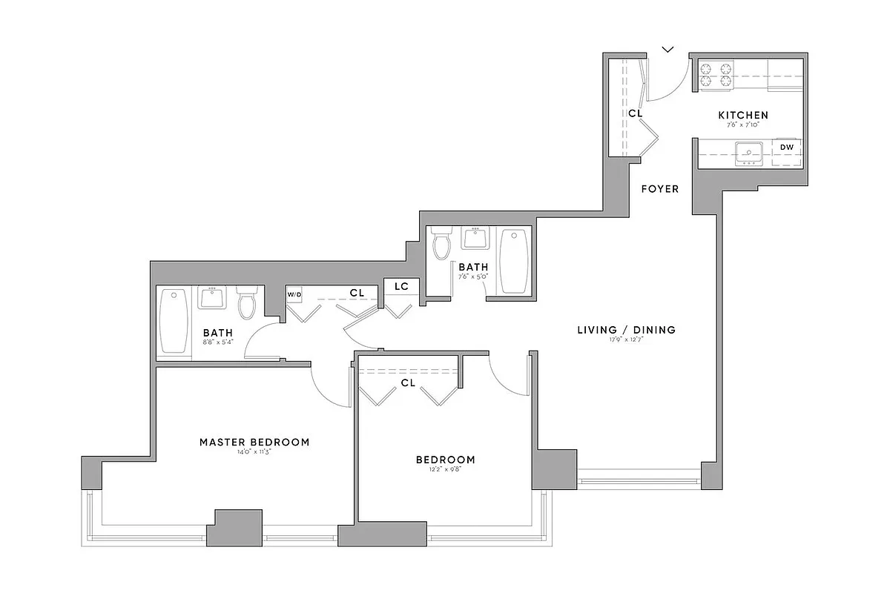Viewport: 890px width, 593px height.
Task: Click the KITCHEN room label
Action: click(742, 115)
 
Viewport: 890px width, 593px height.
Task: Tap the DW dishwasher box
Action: click(787, 148)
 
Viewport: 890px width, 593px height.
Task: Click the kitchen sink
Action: click(750, 153)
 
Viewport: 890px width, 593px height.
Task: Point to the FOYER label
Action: click(660, 189)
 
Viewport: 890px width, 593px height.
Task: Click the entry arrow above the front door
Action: click(668, 50)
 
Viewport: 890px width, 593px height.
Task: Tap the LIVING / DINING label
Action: click(627, 330)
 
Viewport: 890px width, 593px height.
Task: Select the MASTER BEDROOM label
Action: click(254, 442)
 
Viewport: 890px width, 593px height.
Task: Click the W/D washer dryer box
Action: click(294, 294)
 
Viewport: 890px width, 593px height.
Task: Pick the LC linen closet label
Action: click(401, 286)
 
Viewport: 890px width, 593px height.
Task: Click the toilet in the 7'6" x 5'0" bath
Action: click(442, 244)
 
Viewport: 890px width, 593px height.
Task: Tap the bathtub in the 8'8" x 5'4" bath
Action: click(174, 321)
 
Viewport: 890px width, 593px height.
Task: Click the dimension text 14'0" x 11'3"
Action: click(254, 452)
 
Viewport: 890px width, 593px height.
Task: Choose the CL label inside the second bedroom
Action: click(408, 383)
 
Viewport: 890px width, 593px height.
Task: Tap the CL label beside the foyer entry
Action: click(635, 113)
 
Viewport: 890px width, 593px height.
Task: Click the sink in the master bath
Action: click(212, 299)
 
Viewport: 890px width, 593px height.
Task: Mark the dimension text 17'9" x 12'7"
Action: click(627, 340)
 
